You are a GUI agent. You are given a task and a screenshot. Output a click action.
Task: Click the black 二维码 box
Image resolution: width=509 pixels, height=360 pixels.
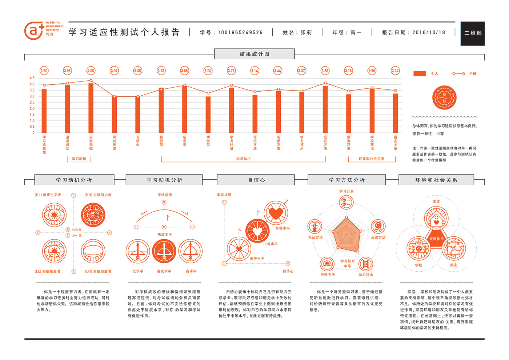pos(473,33)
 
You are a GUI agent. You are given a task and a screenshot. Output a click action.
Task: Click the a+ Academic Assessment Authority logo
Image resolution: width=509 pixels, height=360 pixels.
pos(44,30)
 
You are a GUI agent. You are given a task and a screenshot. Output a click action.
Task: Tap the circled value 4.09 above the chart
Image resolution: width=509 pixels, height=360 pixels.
pos(91,71)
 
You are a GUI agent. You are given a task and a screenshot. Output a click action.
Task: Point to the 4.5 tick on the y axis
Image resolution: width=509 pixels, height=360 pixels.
pos(32,78)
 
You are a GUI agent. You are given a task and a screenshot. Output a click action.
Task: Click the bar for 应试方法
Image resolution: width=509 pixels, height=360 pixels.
pos(325,109)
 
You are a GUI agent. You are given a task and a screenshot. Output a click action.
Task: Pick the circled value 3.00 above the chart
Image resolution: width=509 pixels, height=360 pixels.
pos(208,71)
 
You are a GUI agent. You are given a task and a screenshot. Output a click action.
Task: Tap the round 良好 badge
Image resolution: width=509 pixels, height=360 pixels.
pos(444,98)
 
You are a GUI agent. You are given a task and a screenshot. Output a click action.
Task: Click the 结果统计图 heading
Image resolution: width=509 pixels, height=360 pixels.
pos(254,54)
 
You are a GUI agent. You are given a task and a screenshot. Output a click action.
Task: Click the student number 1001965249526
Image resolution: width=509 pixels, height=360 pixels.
pos(240,33)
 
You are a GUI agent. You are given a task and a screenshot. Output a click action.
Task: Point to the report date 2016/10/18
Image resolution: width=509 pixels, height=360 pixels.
pos(429,33)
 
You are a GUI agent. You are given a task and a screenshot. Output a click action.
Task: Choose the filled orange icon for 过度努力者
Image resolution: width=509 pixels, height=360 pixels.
pos(93,215)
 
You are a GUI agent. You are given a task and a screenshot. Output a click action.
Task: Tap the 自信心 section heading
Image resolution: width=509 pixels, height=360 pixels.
pos(256,180)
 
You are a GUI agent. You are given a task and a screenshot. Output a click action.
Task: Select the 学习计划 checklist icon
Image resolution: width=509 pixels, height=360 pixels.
pos(346,202)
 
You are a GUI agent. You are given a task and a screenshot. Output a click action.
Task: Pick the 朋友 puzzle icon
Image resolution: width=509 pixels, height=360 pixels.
pos(454,248)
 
